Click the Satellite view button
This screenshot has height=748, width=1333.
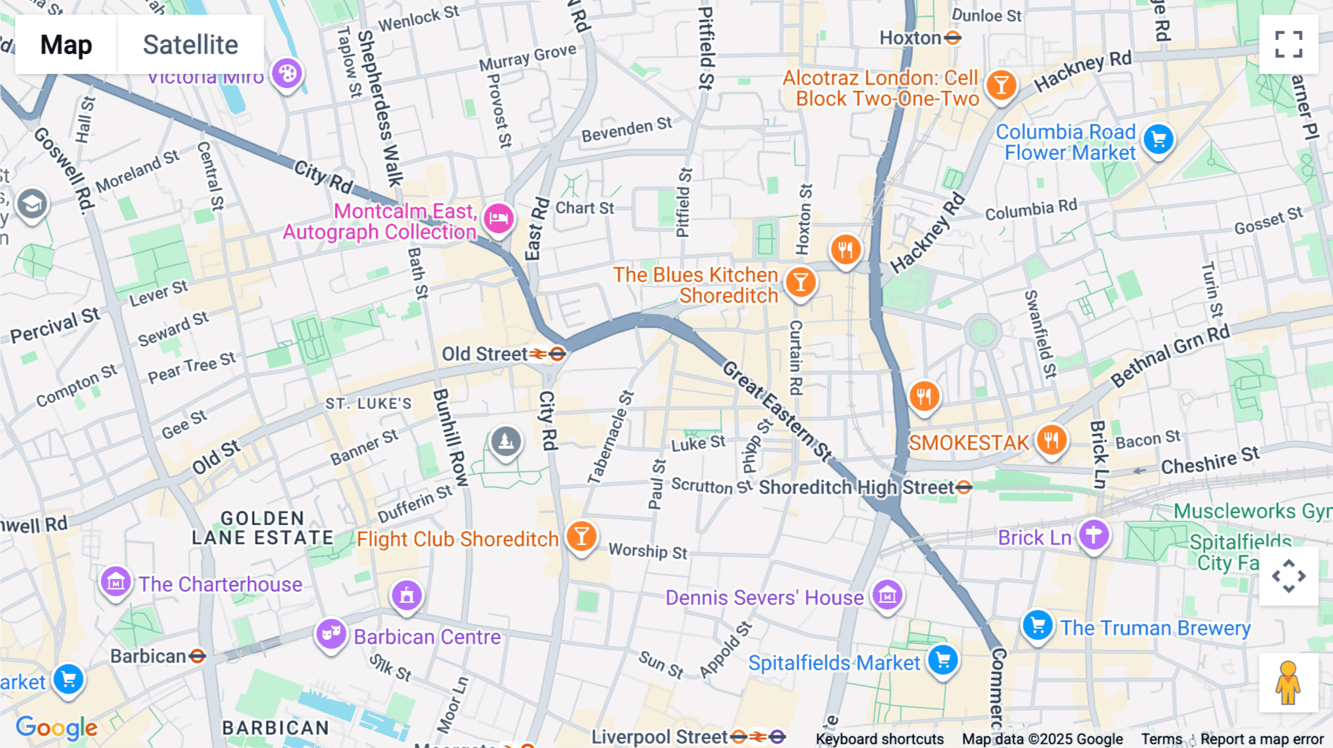pyautogui.click(x=190, y=44)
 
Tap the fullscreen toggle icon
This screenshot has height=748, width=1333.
pyautogui.click(x=1289, y=44)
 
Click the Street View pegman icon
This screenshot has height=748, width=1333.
pyautogui.click(x=1288, y=683)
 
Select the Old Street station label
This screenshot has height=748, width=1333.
pyautogui.click(x=485, y=354)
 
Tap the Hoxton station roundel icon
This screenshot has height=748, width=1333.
pyautogui.click(x=953, y=38)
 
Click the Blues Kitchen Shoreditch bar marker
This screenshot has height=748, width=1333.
pyautogui.click(x=801, y=282)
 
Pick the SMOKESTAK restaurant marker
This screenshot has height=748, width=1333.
pyautogui.click(x=1051, y=440)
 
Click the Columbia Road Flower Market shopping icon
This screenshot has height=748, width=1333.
pyautogui.click(x=1158, y=139)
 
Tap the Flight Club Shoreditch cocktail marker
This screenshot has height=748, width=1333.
pyautogui.click(x=581, y=535)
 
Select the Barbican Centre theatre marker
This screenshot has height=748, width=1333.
pyautogui.click(x=331, y=633)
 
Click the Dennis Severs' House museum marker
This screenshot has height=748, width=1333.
pyautogui.click(x=887, y=595)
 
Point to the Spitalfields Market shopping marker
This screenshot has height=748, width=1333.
pyautogui.click(x=943, y=660)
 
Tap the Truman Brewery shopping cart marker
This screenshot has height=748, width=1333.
pyautogui.click(x=1038, y=625)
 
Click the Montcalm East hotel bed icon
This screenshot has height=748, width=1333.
pyautogui.click(x=499, y=218)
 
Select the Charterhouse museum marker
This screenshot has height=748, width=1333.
pyautogui.click(x=116, y=582)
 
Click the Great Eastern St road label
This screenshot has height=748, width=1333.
pyautogui.click(x=777, y=410)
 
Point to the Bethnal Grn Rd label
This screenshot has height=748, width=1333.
pyautogui.click(x=1170, y=355)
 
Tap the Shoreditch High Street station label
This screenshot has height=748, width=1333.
pyautogui.click(x=856, y=487)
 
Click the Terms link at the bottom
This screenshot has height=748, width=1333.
pyautogui.click(x=1161, y=738)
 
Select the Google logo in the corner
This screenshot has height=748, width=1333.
pyautogui.click(x=56, y=727)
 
